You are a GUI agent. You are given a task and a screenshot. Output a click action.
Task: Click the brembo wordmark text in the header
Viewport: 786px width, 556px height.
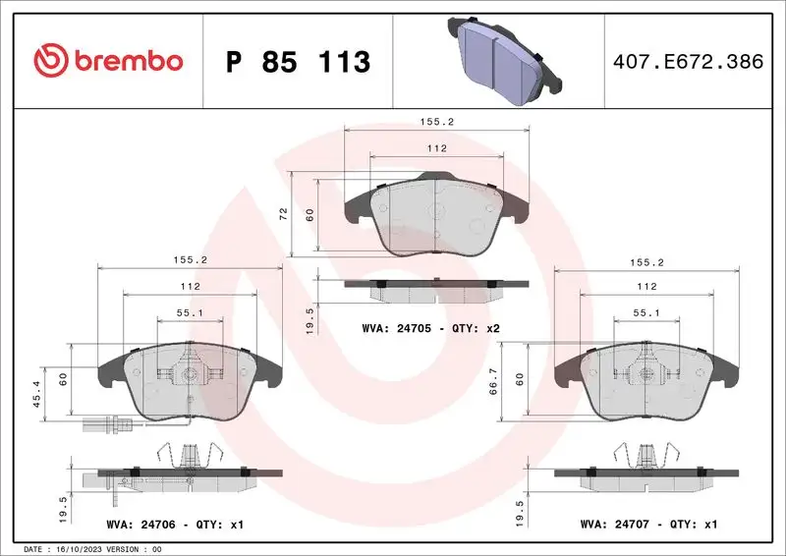124,61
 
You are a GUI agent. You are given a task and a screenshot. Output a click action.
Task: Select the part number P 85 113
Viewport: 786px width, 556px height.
298,62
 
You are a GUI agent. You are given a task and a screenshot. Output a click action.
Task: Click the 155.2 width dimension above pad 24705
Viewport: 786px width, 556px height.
437,123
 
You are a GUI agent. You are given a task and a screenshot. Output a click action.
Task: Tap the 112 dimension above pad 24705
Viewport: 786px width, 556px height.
437,148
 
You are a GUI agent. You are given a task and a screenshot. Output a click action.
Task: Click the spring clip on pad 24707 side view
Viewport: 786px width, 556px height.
646,454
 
